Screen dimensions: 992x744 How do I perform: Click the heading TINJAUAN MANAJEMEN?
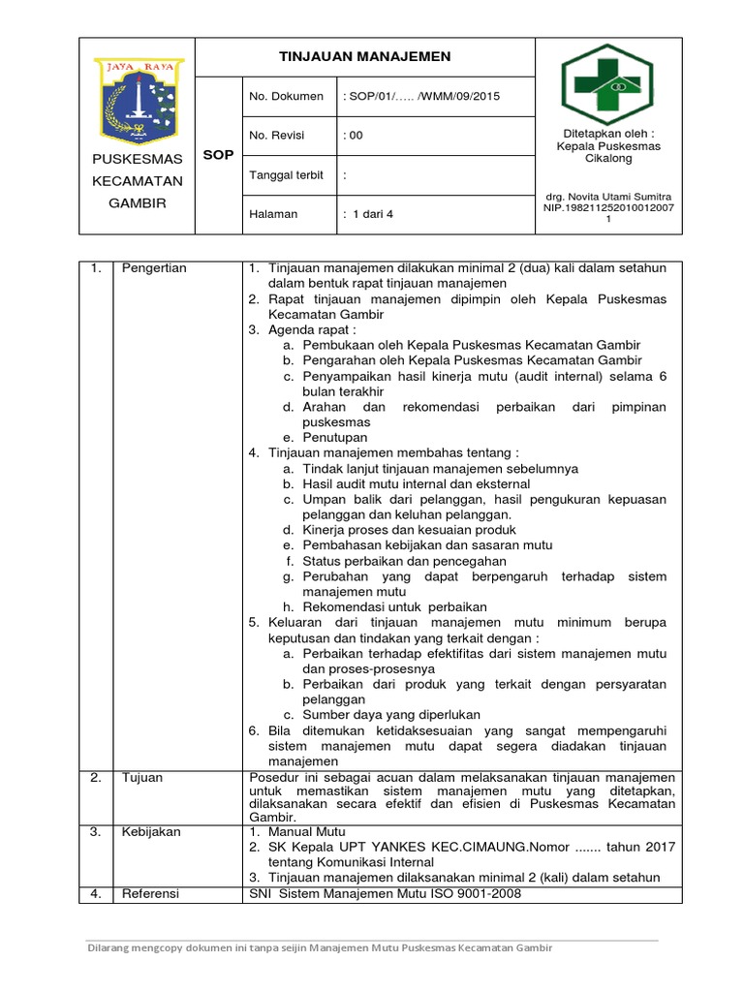(x=364, y=57)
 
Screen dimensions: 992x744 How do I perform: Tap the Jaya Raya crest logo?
(x=139, y=98)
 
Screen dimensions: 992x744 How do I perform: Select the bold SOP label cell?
(x=218, y=155)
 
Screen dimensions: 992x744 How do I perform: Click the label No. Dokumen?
(x=286, y=96)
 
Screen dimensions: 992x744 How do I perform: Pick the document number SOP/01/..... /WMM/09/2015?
(x=422, y=96)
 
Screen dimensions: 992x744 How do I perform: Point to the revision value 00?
(x=355, y=136)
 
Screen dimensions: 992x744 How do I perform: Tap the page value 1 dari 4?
(x=368, y=214)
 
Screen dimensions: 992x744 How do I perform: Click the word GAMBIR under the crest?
(x=137, y=202)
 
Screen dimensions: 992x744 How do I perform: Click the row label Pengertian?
(x=154, y=267)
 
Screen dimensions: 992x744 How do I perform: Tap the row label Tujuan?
(x=141, y=777)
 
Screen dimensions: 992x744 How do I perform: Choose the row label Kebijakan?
(x=150, y=831)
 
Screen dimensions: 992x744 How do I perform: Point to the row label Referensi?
(x=150, y=893)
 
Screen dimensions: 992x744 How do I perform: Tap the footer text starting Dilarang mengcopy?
(x=320, y=947)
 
